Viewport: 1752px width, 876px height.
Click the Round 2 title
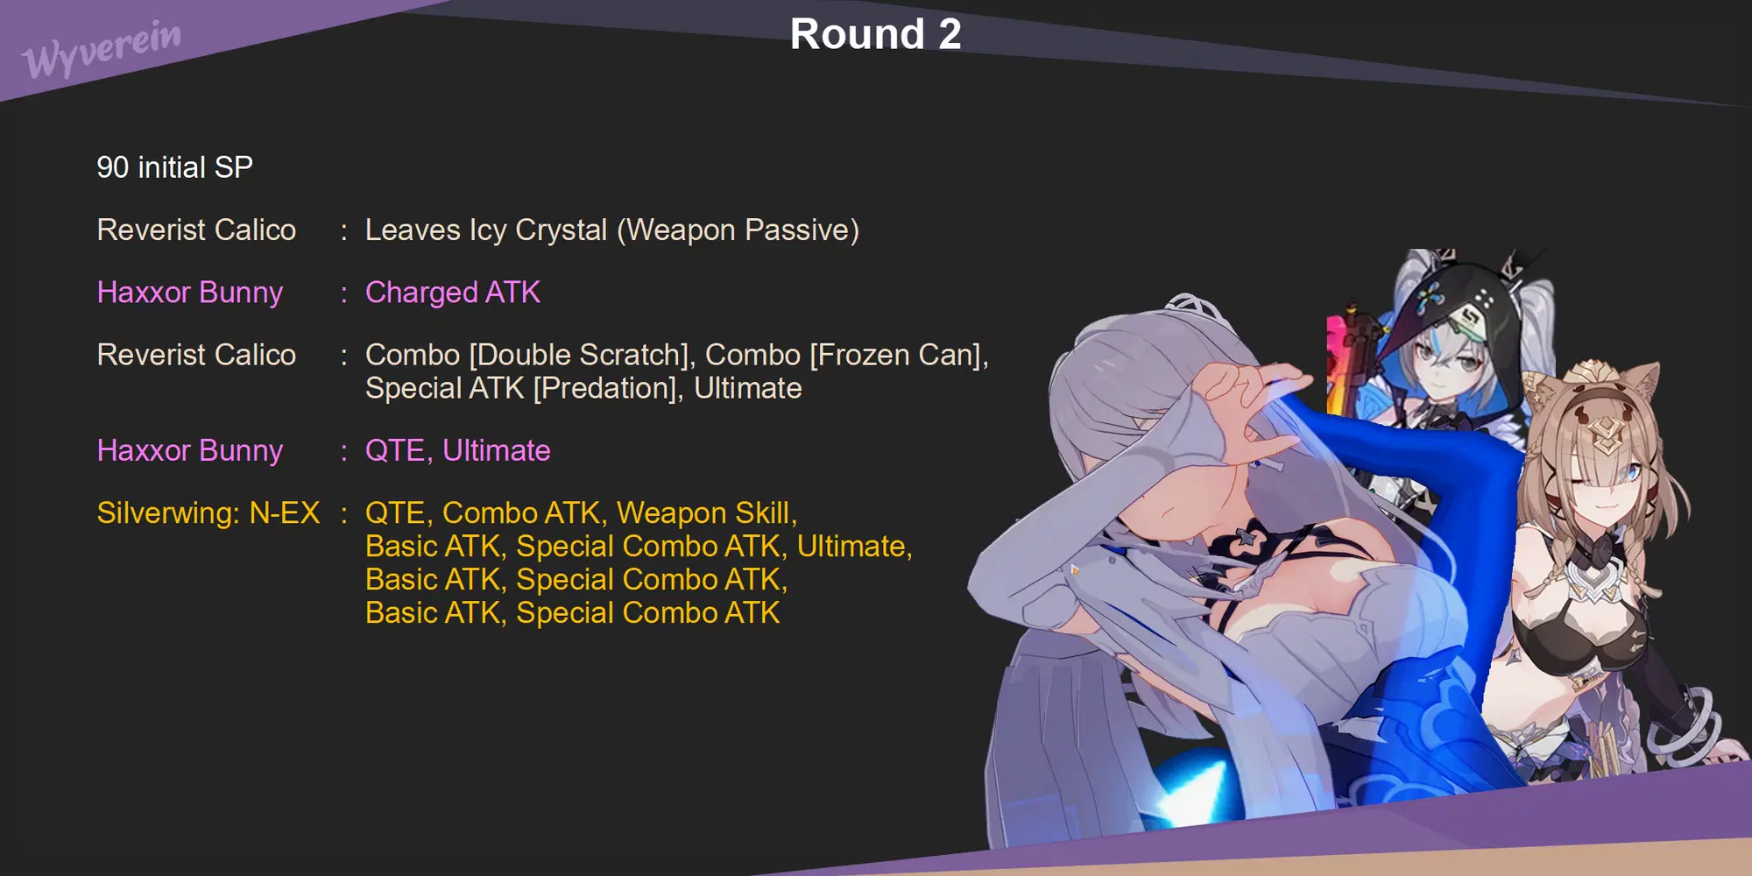875,35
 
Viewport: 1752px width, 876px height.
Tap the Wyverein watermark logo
102,49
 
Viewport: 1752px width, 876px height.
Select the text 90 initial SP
174,167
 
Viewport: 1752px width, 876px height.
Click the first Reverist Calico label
196,230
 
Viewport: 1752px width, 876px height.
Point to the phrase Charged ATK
452,293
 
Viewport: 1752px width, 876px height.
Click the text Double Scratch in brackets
579,355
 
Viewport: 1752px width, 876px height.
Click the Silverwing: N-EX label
208,513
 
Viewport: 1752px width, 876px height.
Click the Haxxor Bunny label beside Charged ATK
190,293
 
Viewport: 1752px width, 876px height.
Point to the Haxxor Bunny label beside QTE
190,451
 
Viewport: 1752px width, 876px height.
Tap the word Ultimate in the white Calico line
747,388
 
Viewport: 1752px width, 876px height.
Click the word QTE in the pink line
395,451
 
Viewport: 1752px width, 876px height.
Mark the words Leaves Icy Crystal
486,230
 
